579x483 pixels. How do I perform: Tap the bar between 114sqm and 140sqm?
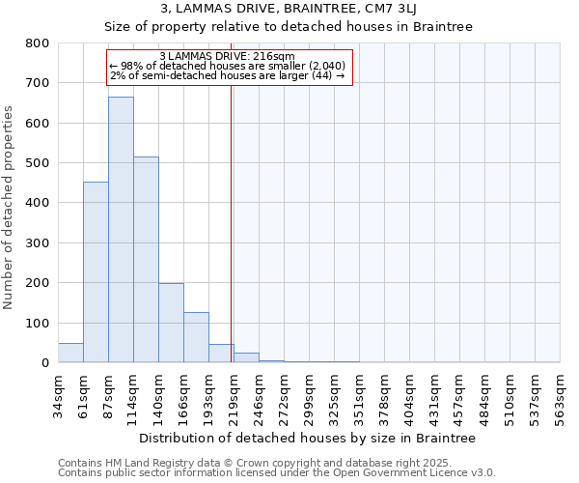point(146,260)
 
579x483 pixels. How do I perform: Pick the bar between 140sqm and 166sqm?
point(171,323)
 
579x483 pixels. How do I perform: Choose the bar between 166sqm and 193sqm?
point(196,337)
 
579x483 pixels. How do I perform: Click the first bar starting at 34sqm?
point(70,353)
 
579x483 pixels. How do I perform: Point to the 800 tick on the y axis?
point(37,43)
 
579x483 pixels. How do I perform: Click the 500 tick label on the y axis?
point(37,163)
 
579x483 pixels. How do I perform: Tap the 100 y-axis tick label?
point(37,323)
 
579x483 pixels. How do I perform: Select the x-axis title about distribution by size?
point(309,438)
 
